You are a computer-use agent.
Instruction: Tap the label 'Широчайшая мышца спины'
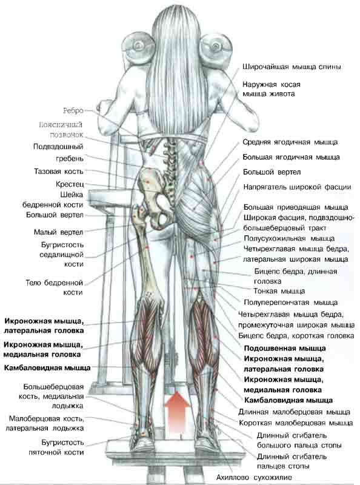pos(292,67)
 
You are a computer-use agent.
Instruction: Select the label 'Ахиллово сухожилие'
pos(253,477)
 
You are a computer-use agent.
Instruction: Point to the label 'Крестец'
pos(70,184)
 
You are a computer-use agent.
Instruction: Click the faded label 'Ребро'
pos(73,110)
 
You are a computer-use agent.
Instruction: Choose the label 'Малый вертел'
pos(58,232)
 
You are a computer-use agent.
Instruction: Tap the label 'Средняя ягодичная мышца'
pos(290,142)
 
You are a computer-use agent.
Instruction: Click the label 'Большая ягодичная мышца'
pos(291,157)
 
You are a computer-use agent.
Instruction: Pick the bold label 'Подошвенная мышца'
pos(284,348)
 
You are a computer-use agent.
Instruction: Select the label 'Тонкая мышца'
pos(279,291)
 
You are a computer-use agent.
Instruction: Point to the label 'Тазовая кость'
pos(59,172)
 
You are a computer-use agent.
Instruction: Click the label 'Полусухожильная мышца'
pos(289,238)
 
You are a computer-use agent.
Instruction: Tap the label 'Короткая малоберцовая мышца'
pos(296,423)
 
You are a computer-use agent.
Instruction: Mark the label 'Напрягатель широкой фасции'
pos(297,187)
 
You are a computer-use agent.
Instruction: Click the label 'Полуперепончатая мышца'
pos(291,302)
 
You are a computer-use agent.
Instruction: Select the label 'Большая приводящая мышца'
pos(296,207)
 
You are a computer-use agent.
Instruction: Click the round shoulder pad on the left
pos(139,47)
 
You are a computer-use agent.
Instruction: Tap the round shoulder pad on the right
pos(216,47)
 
